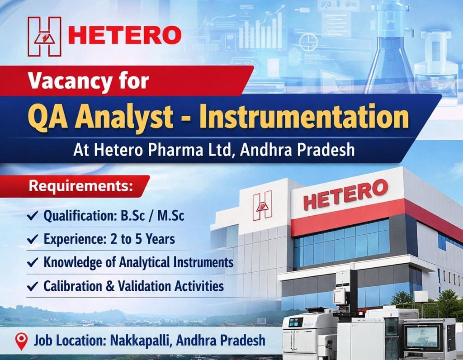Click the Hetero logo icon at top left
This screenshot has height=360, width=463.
click(x=44, y=36)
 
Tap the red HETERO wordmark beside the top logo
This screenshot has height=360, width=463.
click(x=124, y=35)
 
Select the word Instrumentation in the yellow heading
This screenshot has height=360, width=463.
click(x=304, y=116)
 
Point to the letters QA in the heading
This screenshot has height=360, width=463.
click(x=41, y=117)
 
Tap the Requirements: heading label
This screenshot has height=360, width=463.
click(x=81, y=185)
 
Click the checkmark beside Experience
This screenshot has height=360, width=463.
click(x=32, y=239)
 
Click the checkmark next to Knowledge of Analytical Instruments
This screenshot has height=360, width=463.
click(x=32, y=263)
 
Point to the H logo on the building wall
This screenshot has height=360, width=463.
click(x=262, y=206)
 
